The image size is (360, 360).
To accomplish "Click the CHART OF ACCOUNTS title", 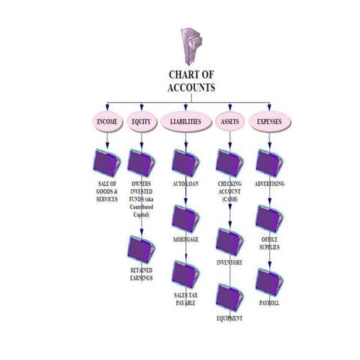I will [x=190, y=82].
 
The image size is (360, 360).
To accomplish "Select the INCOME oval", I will [x=106, y=121].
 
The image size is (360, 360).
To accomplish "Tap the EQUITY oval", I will [x=141, y=121].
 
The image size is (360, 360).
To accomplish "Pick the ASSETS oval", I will [x=228, y=121].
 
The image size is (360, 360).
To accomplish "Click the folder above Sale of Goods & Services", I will [x=108, y=163].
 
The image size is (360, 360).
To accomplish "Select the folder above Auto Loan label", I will [x=184, y=163].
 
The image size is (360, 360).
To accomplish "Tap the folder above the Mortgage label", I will [x=185, y=219].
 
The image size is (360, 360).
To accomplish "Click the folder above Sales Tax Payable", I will [x=184, y=274].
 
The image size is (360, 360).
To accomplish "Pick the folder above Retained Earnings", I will [x=141, y=248].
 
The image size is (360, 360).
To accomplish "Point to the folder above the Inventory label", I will [x=229, y=241].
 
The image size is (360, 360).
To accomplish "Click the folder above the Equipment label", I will [x=229, y=297].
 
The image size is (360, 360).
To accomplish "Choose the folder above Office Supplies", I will [x=268, y=219].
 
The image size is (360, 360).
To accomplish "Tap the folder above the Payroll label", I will [x=268, y=282].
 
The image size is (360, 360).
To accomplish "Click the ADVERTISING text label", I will [x=270, y=183].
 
